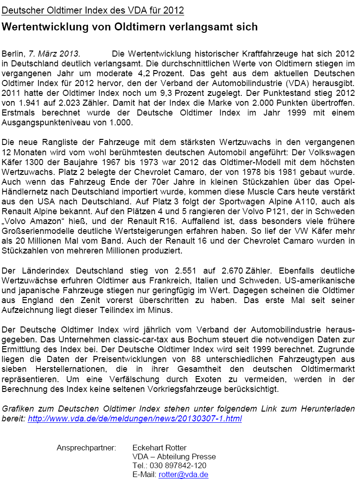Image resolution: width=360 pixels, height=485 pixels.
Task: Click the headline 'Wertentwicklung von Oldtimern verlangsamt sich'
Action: pos(130,27)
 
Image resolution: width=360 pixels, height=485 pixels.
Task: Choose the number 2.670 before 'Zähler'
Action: pos(236,270)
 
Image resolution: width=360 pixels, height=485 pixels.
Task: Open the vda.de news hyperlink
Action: pos(135,419)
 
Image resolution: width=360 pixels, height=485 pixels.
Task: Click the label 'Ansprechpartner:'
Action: pos(86,448)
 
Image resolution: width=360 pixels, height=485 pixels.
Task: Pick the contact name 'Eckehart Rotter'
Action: pos(159,448)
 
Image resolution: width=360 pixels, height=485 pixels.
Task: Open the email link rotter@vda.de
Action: pos(183,474)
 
